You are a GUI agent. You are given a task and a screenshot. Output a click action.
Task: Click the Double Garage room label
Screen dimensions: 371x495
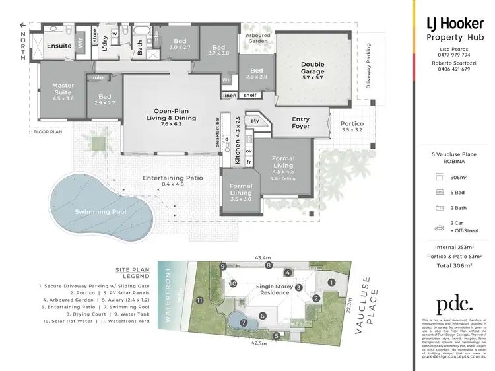pyautogui.click(x=312, y=68)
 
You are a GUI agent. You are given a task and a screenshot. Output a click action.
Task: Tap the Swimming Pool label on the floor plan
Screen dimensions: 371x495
pyautogui.click(x=100, y=211)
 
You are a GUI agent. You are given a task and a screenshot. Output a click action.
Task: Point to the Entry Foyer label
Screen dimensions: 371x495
pyautogui.click(x=300, y=123)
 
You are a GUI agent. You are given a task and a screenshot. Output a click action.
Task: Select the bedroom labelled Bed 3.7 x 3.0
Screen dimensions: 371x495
pyautogui.click(x=218, y=50)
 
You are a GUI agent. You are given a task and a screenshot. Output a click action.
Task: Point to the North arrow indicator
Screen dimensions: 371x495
pyautogui.click(x=24, y=42)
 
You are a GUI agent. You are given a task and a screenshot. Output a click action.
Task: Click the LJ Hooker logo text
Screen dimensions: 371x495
pyautogui.click(x=449, y=24)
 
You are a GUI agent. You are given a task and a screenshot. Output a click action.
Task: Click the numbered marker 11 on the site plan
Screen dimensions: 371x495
pyautogui.click(x=199, y=300)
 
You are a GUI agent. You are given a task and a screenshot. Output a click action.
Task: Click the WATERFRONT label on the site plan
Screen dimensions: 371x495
pyautogui.click(x=169, y=292)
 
